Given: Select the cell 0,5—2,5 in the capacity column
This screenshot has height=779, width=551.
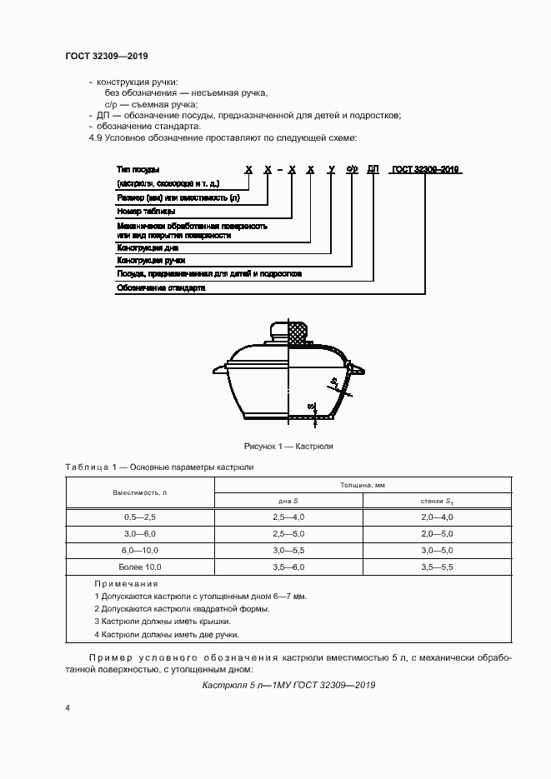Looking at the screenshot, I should (140, 517).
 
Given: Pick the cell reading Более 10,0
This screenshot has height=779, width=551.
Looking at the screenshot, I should (140, 567).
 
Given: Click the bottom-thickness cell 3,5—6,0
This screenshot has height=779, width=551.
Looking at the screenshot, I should (288, 567).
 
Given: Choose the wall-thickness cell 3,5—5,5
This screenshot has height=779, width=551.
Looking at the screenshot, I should (437, 567).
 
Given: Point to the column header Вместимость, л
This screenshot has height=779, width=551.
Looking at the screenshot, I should (140, 492).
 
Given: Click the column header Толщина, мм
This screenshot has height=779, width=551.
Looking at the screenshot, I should (363, 484).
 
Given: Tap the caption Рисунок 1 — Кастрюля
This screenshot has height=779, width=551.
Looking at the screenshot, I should (288, 446).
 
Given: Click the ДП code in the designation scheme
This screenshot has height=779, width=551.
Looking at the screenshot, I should (373, 169).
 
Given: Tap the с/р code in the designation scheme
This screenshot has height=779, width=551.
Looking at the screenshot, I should (353, 169).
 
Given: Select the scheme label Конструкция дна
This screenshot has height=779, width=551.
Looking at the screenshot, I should (148, 247).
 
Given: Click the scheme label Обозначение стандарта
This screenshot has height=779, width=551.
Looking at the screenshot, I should (160, 287).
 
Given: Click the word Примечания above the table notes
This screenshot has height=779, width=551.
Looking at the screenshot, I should (126, 584).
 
